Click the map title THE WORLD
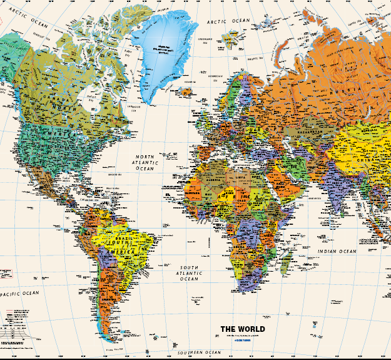coord(242,329)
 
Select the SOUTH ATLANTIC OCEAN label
coord(189,273)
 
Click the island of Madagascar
coord(286,260)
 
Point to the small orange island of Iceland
coord(186,91)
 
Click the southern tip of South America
coord(112,341)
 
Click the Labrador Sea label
coord(135,106)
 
